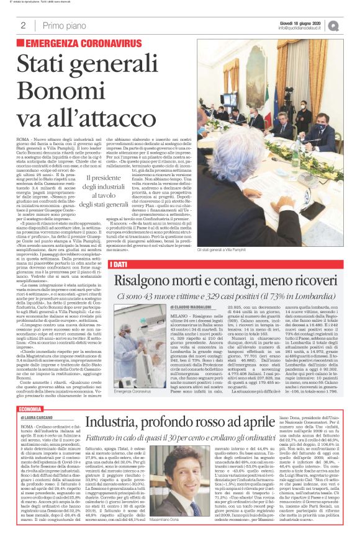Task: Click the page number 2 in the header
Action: [x=22, y=25]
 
